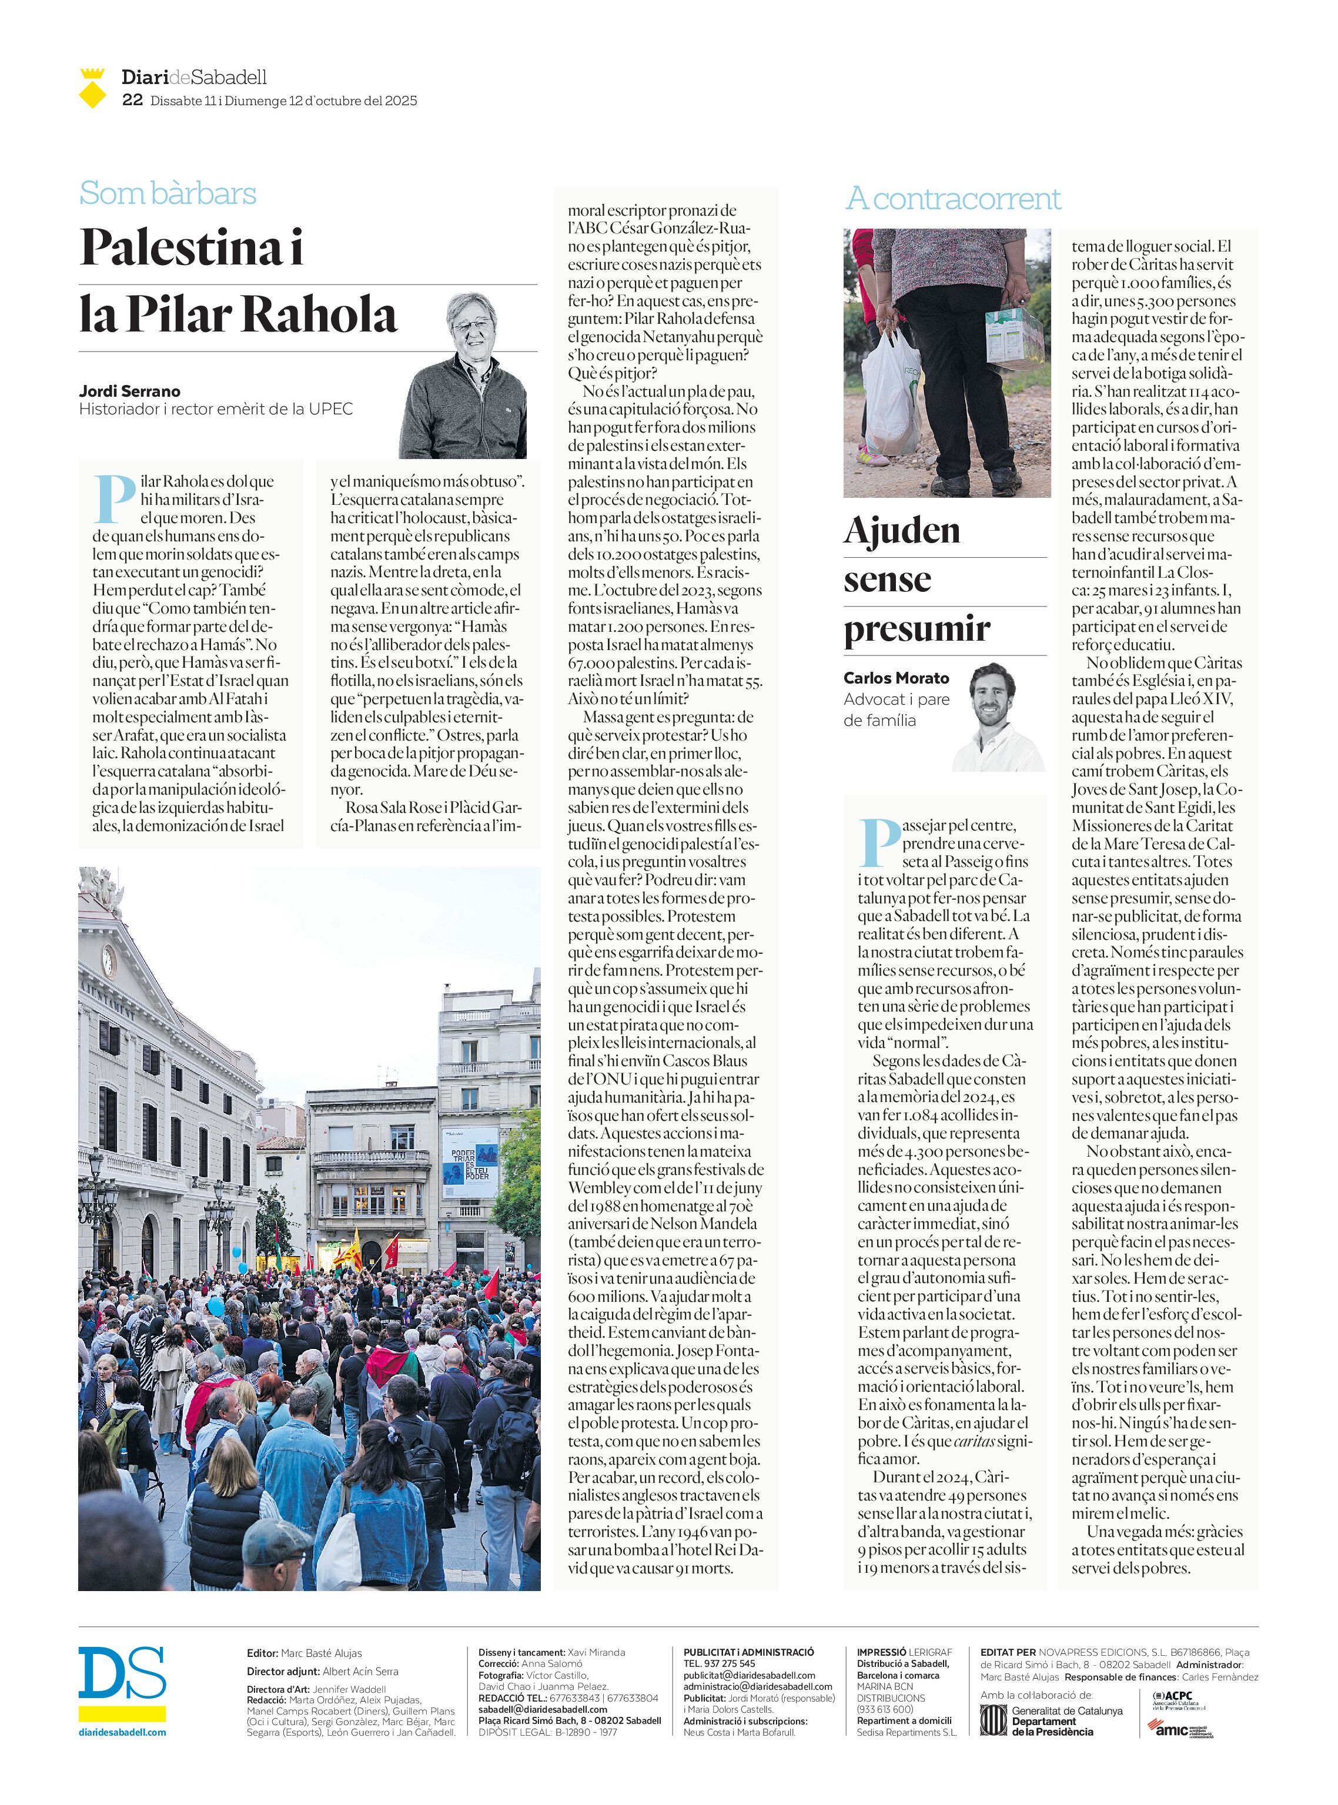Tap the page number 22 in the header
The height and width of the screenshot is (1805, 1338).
132,101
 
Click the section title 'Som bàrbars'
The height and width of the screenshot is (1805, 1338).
168,193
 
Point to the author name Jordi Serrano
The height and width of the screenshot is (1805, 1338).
129,391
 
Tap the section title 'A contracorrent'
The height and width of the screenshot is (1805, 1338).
952,199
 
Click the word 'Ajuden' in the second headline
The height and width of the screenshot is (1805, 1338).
901,531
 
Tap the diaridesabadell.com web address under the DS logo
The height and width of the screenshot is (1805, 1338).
122,1732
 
